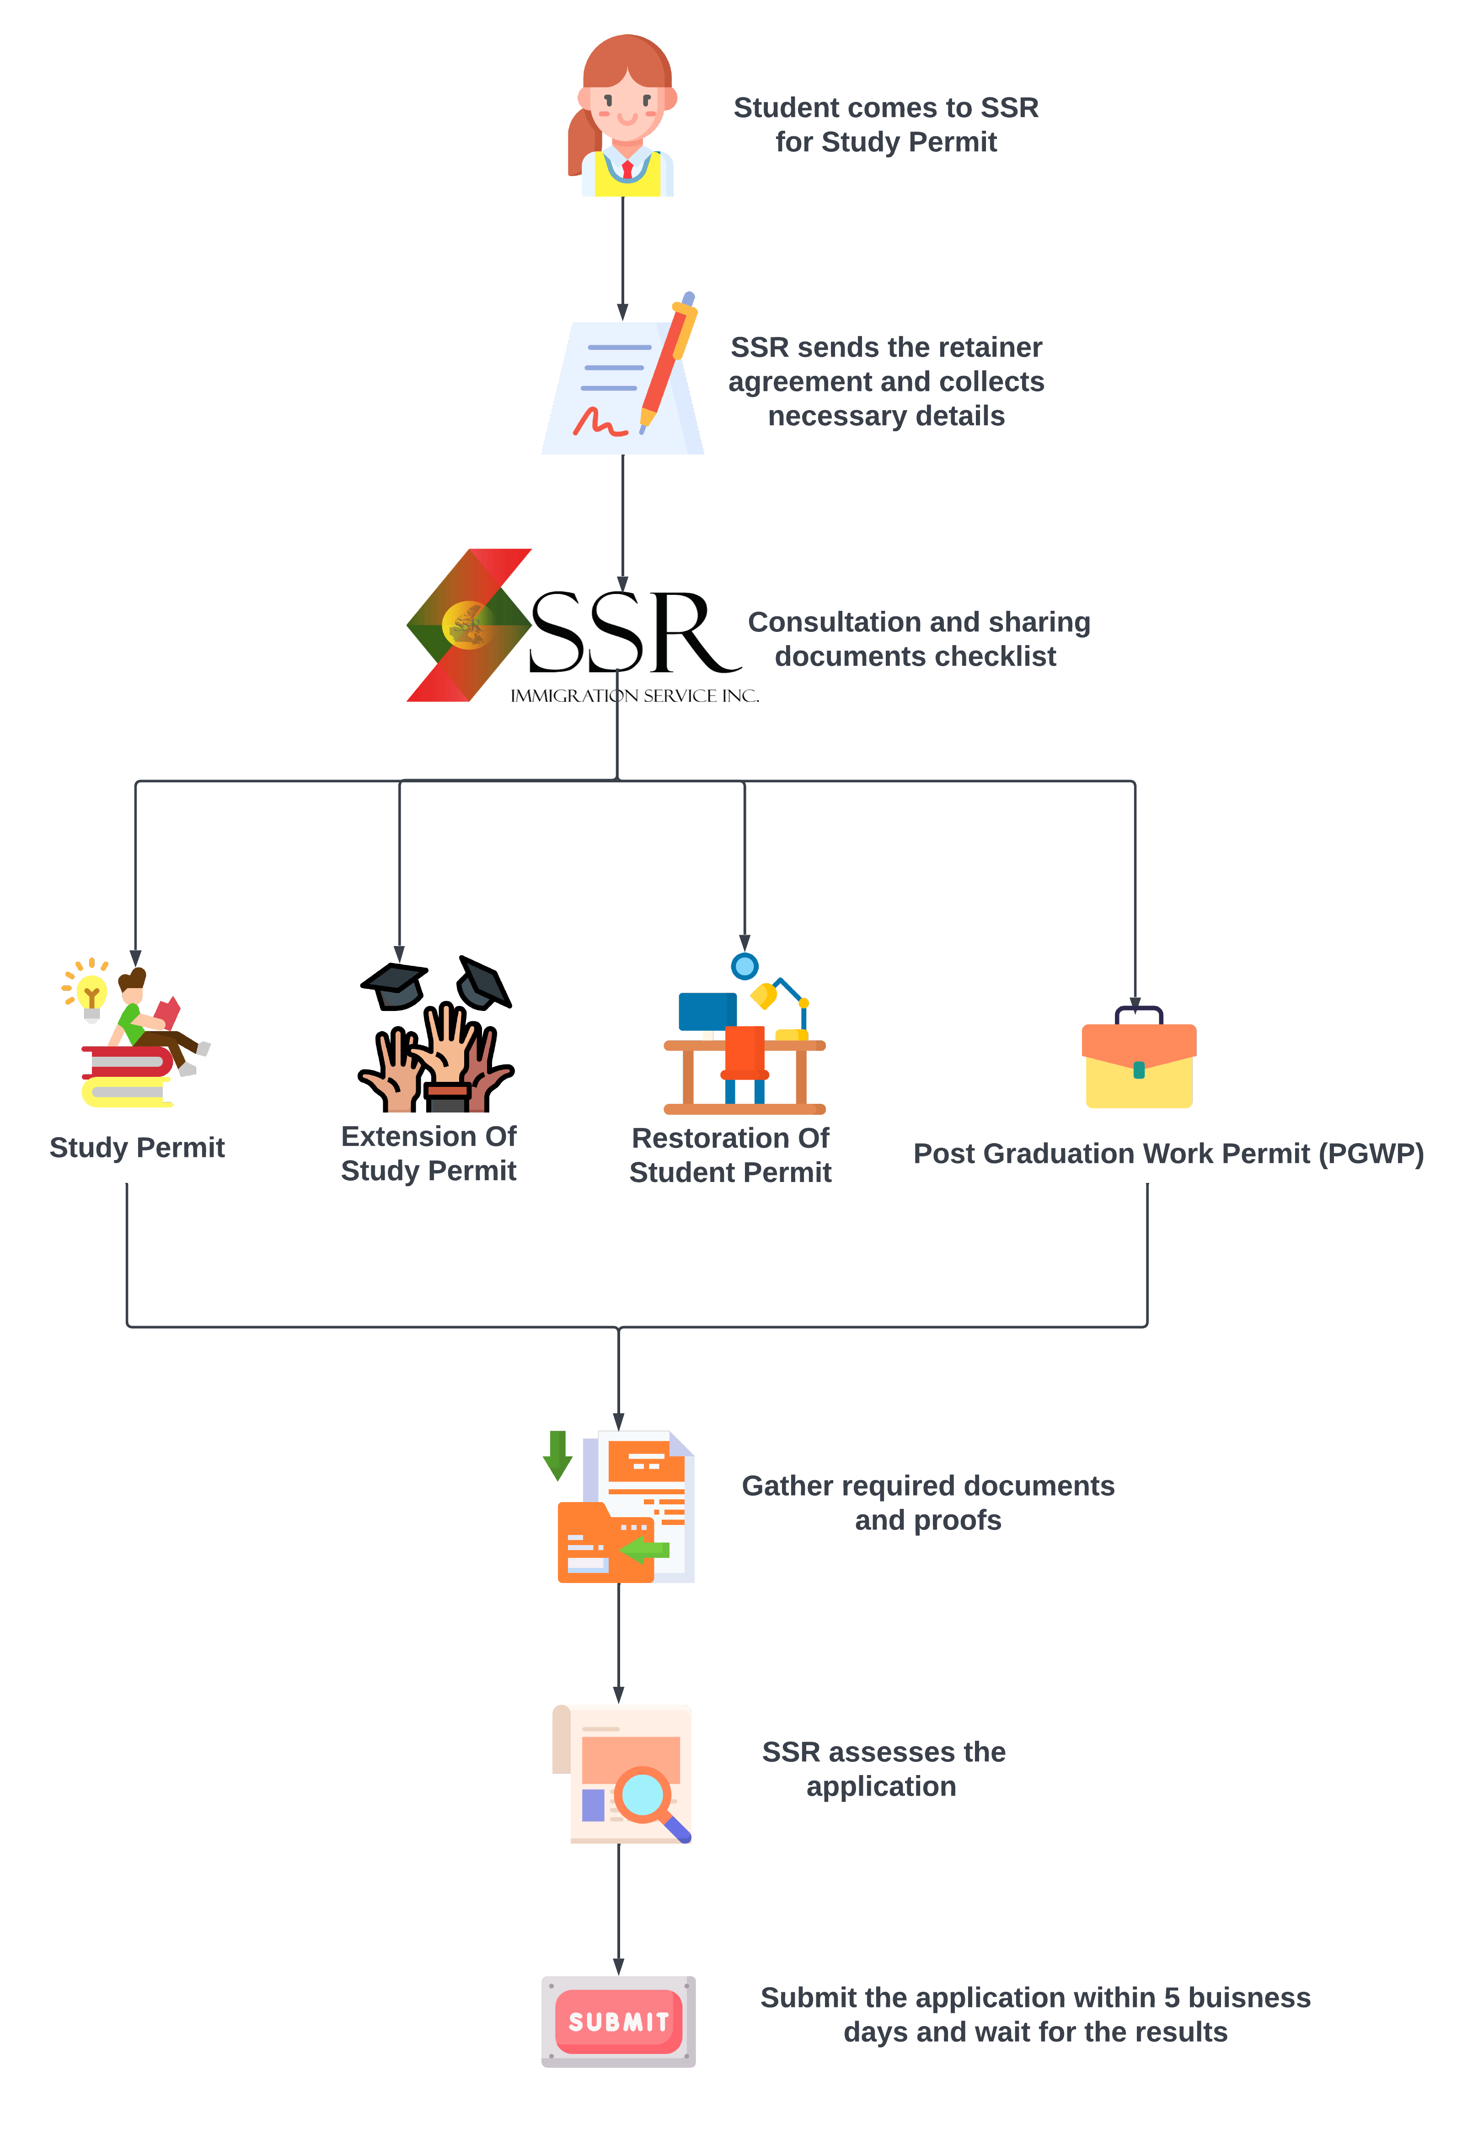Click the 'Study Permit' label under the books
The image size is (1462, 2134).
137,1148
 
